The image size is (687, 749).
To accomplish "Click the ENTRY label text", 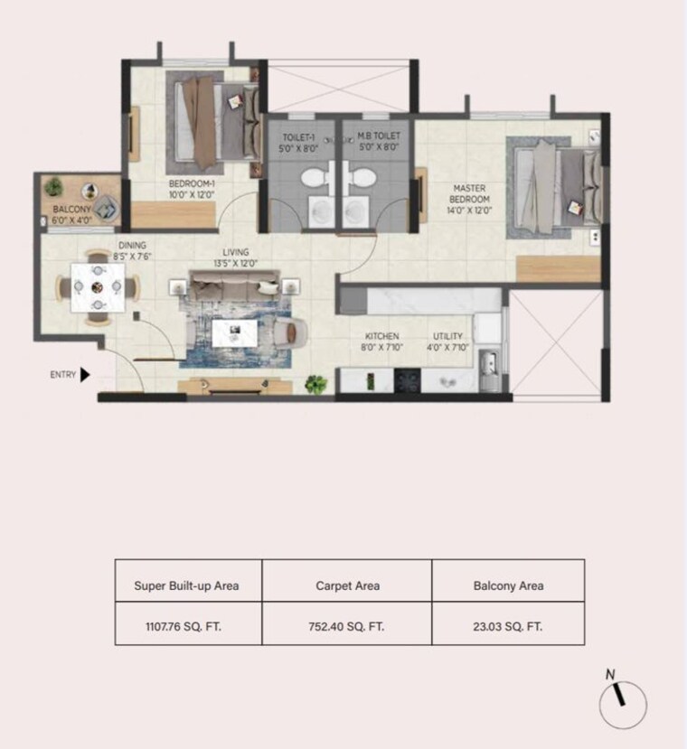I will tap(62, 374).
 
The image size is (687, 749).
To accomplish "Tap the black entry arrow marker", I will tap(85, 374).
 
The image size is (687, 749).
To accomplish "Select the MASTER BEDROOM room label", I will tap(470, 194).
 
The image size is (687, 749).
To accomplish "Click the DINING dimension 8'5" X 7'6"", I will tap(132, 257).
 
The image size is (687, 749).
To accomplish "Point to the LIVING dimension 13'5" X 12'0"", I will tap(236, 264).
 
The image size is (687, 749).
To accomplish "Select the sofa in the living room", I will tap(233, 289).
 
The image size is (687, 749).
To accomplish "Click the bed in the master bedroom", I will tap(551, 186).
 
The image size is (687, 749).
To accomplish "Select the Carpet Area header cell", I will tap(347, 585).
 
